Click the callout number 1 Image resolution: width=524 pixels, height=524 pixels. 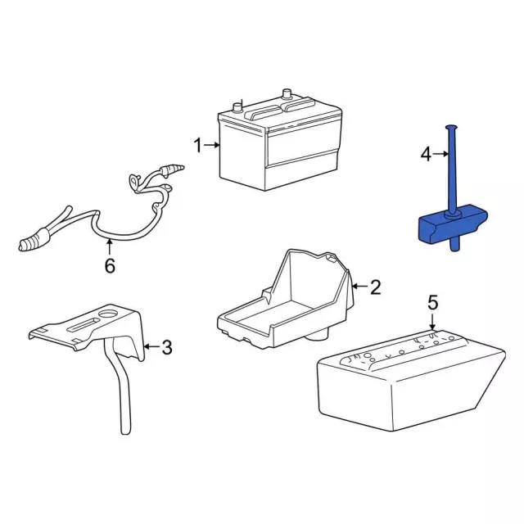pyautogui.click(x=196, y=146)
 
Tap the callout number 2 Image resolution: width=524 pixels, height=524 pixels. pyautogui.click(x=376, y=287)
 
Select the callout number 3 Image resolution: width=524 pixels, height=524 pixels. pyautogui.click(x=166, y=348)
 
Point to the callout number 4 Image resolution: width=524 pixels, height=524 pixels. pyautogui.click(x=426, y=153)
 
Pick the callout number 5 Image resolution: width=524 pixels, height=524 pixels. pyautogui.click(x=433, y=304)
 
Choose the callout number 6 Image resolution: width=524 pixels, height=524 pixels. pyautogui.click(x=110, y=266)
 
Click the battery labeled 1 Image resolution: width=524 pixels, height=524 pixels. pyautogui.click(x=278, y=147)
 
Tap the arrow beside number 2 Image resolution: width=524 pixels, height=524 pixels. pyautogui.click(x=359, y=287)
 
